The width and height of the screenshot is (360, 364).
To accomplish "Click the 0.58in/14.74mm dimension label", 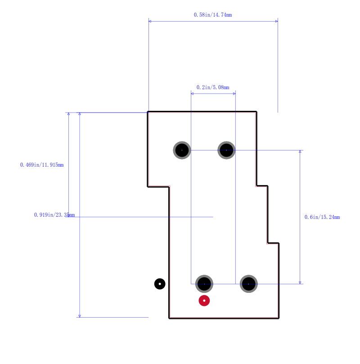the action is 213,15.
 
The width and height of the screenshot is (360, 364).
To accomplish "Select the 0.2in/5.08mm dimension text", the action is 213,87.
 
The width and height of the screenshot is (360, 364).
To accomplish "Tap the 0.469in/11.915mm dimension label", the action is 42,165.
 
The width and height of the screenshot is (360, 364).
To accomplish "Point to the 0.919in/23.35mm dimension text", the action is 54,215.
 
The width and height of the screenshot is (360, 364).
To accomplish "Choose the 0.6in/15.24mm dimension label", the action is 322,217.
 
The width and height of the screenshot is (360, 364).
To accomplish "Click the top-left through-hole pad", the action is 182,150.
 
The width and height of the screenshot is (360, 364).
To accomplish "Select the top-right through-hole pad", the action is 226,150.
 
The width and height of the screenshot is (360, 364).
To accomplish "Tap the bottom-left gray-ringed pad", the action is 204,284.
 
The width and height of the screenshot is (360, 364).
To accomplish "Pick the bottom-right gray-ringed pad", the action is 249,284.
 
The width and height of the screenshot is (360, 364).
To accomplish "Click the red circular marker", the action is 204,300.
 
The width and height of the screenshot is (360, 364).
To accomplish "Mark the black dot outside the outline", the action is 160,284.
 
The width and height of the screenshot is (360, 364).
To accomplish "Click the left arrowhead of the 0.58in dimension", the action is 150,21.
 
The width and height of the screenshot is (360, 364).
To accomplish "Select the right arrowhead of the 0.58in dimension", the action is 277,21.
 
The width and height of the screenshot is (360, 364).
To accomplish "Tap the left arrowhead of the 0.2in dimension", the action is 192,94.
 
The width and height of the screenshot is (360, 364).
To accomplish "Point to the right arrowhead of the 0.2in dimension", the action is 234,94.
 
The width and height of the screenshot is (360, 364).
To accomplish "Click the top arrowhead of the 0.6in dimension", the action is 300,151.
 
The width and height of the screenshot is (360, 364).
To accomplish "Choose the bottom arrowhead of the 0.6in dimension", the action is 300,283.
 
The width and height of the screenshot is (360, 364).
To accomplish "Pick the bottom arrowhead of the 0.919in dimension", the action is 80,316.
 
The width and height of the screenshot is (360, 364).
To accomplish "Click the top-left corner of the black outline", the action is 148,112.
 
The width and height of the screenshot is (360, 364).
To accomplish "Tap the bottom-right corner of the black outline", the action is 279,318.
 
